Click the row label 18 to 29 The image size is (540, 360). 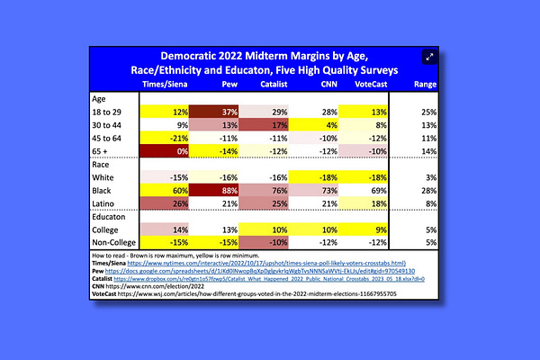coord(113,111)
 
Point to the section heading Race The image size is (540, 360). coord(103,165)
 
